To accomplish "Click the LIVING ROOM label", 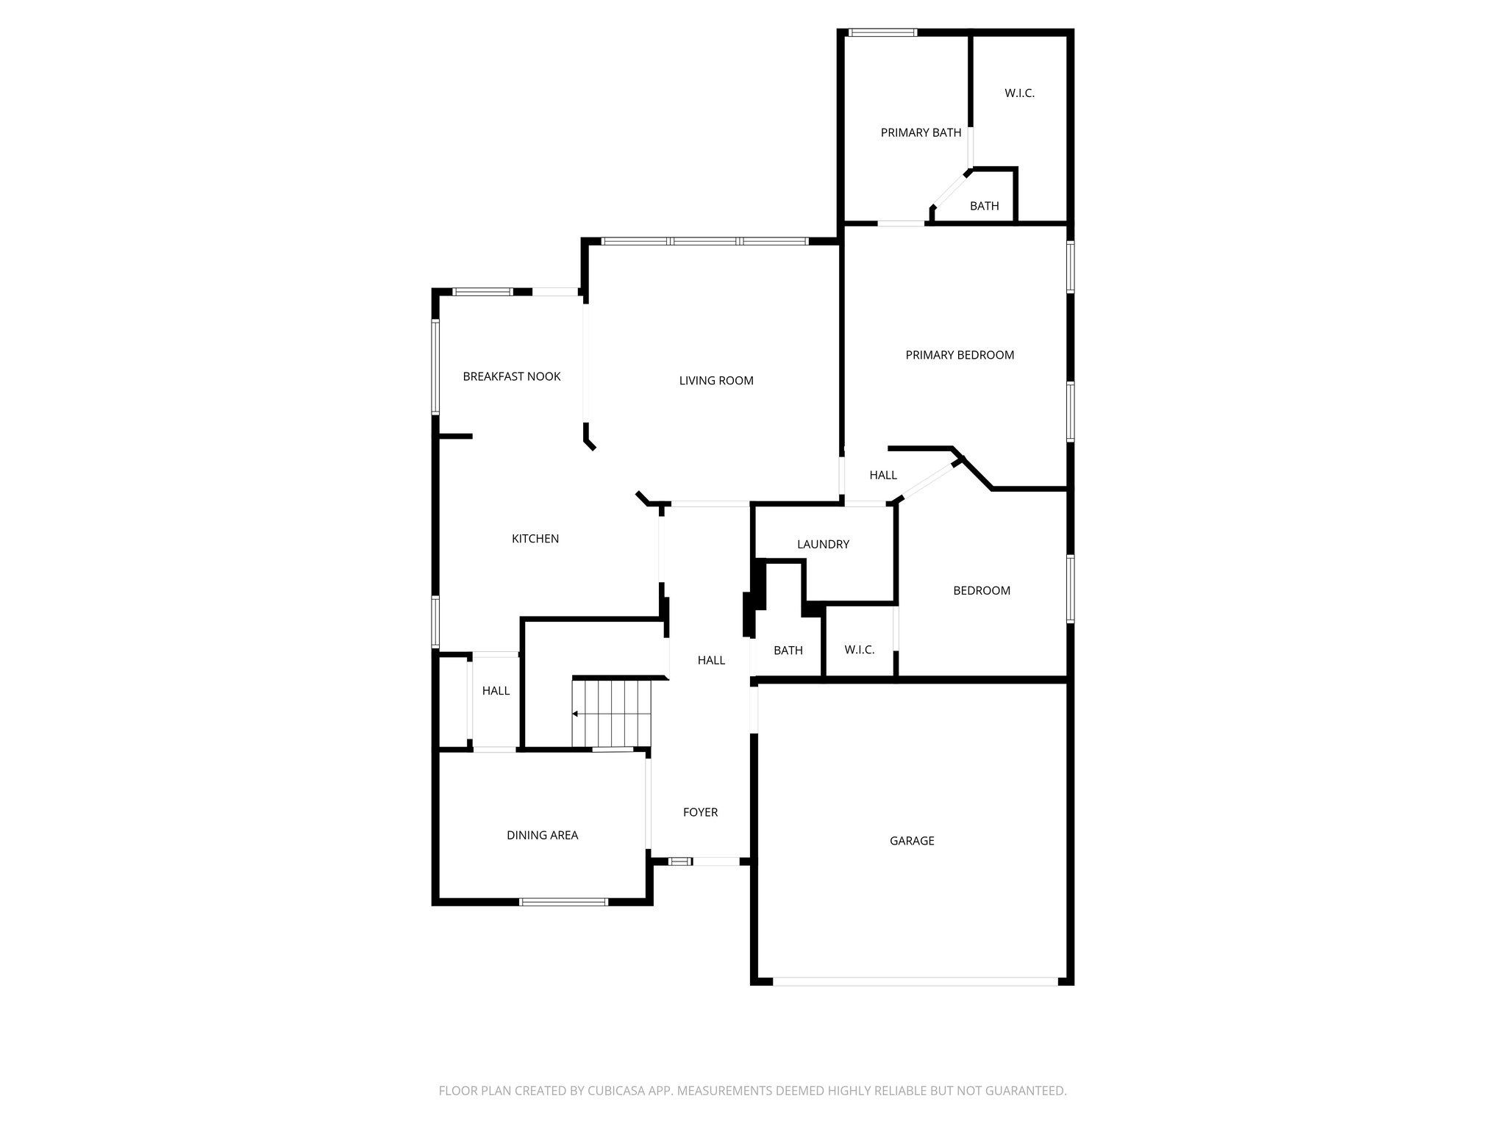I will coord(715,381).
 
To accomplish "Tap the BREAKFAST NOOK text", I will coord(511,376).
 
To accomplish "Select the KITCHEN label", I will coord(535,539).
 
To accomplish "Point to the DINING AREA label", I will coord(542,835).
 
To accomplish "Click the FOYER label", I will coord(700,812).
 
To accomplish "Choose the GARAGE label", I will coord(912,841).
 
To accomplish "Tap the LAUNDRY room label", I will coord(823,545).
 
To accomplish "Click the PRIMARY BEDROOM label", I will coord(960,355).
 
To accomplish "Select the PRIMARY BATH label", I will coord(921,133).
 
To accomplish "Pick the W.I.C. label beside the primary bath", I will coord(1019,93).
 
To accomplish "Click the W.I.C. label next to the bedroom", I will coord(859,650).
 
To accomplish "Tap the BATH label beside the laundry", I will coord(788,650).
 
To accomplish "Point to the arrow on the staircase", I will coord(575,714).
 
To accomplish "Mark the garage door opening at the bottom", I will coord(915,981).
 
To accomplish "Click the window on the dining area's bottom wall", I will coord(563,902).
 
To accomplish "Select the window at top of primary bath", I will coord(882,32).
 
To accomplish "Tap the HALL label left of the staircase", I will coord(496,691).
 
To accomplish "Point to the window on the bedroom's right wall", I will coord(1071,589).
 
